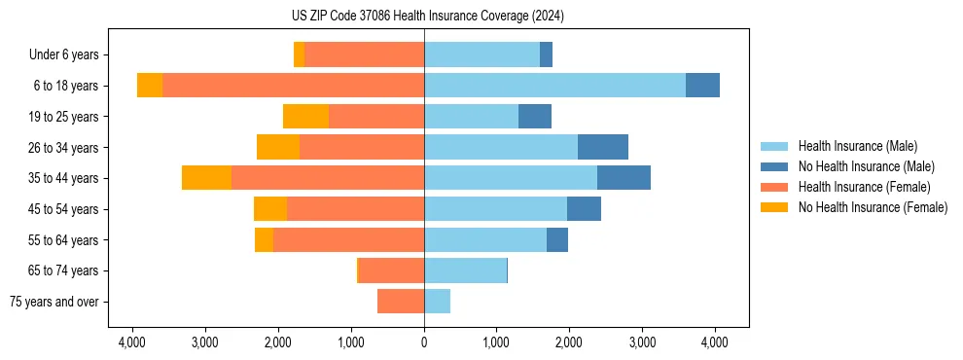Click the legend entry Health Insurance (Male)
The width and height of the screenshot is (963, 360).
click(x=857, y=146)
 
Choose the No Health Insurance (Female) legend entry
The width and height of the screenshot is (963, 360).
click(x=873, y=207)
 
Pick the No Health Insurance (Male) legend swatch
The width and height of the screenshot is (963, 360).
click(x=775, y=166)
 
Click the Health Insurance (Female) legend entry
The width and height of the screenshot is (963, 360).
click(x=864, y=187)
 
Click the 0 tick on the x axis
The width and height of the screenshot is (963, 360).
click(x=424, y=342)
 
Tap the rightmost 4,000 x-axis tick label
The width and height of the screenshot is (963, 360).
click(x=715, y=342)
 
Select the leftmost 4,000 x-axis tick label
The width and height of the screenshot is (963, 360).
click(x=132, y=342)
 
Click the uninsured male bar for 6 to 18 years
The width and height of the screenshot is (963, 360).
click(x=702, y=86)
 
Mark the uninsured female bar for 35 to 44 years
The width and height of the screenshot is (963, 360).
click(x=206, y=178)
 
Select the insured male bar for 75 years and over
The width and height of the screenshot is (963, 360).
click(x=437, y=302)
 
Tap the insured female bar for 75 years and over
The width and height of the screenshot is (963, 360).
click(x=401, y=302)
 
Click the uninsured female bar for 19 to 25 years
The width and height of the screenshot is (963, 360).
click(x=305, y=117)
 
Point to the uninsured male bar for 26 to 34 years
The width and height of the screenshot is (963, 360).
click(x=603, y=147)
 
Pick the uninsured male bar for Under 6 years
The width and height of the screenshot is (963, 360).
click(x=546, y=55)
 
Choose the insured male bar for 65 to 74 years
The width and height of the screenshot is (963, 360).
click(x=465, y=270)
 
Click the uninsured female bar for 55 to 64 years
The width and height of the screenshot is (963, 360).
click(x=264, y=239)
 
